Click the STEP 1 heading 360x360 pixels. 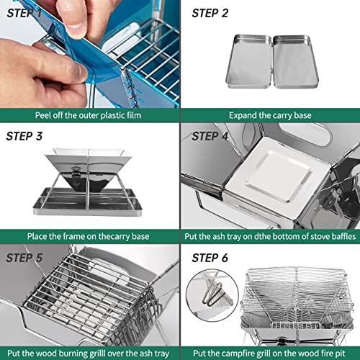(27, 12)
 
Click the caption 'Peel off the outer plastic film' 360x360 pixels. (89, 115)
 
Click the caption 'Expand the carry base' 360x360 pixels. (270, 115)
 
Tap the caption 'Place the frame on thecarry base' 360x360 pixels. (89, 235)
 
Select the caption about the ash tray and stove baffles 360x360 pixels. (270, 235)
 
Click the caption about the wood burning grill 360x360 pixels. (89, 353)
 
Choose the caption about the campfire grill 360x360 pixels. (270, 353)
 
